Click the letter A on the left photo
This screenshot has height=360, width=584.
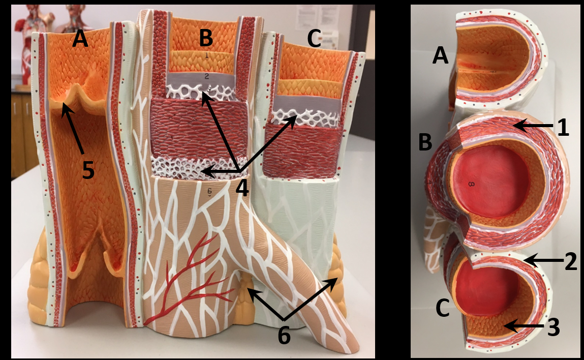click(x=80, y=39)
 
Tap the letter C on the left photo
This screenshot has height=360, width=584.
click(x=314, y=39)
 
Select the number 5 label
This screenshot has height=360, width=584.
click(x=88, y=171)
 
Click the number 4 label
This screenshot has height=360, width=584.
click(x=242, y=188)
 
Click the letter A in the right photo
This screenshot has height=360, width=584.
click(x=441, y=55)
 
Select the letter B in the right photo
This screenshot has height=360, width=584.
click(x=426, y=143)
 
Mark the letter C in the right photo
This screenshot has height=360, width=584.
click(x=443, y=309)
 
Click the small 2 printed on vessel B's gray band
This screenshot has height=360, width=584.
click(x=207, y=77)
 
